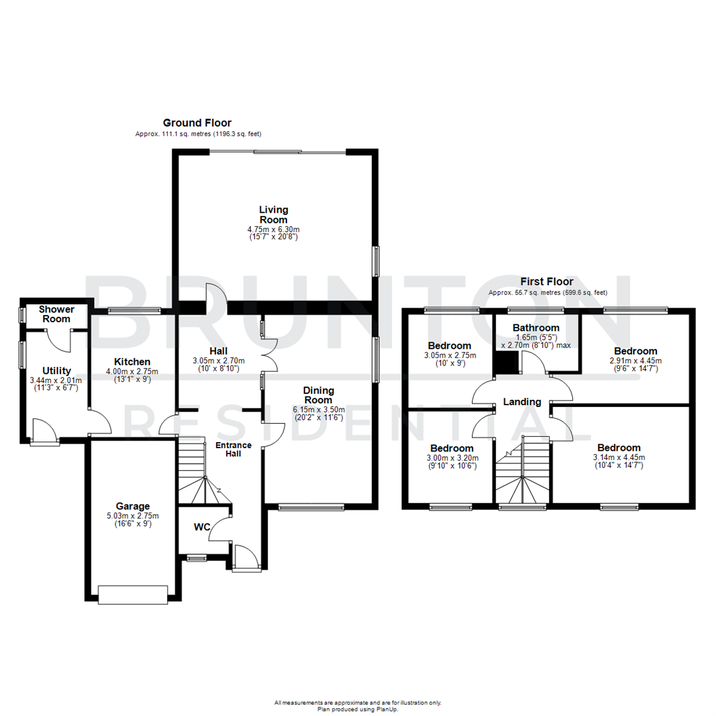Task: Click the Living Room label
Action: (x=273, y=214)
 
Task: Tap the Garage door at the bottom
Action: (x=133, y=595)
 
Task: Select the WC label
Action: (x=202, y=527)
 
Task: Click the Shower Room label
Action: (x=56, y=314)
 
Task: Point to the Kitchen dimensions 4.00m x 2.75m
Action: (x=133, y=371)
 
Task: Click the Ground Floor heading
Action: (x=197, y=123)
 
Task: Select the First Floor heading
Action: (x=547, y=282)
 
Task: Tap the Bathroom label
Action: (x=536, y=328)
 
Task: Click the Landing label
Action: (x=522, y=402)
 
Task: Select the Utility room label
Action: (x=56, y=370)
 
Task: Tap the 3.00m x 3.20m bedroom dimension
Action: (x=451, y=458)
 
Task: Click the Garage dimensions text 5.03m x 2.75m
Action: (x=133, y=515)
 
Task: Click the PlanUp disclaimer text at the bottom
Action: (x=358, y=705)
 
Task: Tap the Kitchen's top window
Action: (x=135, y=309)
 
